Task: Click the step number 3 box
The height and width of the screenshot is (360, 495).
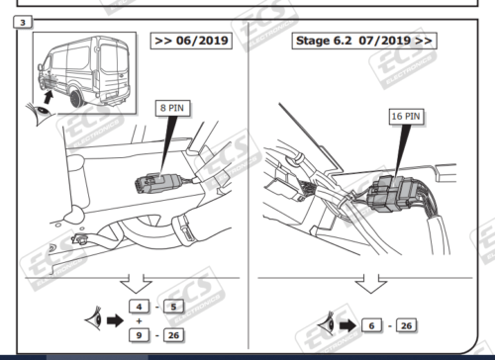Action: click(13, 22)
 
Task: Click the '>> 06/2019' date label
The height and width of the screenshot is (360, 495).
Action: click(189, 42)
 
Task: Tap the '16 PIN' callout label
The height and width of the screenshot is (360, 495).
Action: click(407, 116)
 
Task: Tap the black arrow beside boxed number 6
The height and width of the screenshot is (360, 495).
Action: click(348, 323)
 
